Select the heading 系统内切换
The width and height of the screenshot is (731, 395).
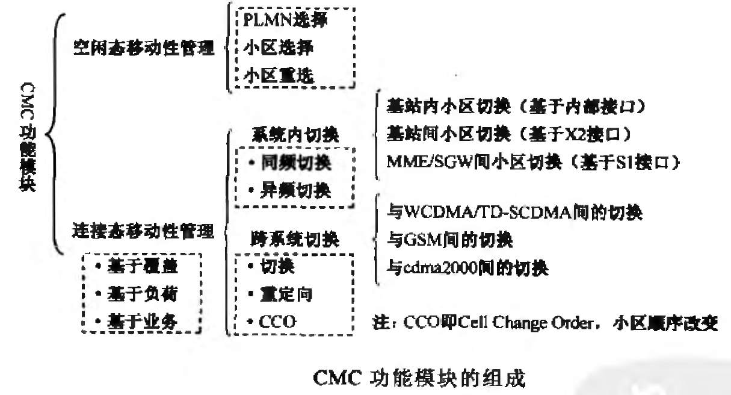(294, 134)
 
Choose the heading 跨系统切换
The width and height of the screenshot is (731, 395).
(294, 240)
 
